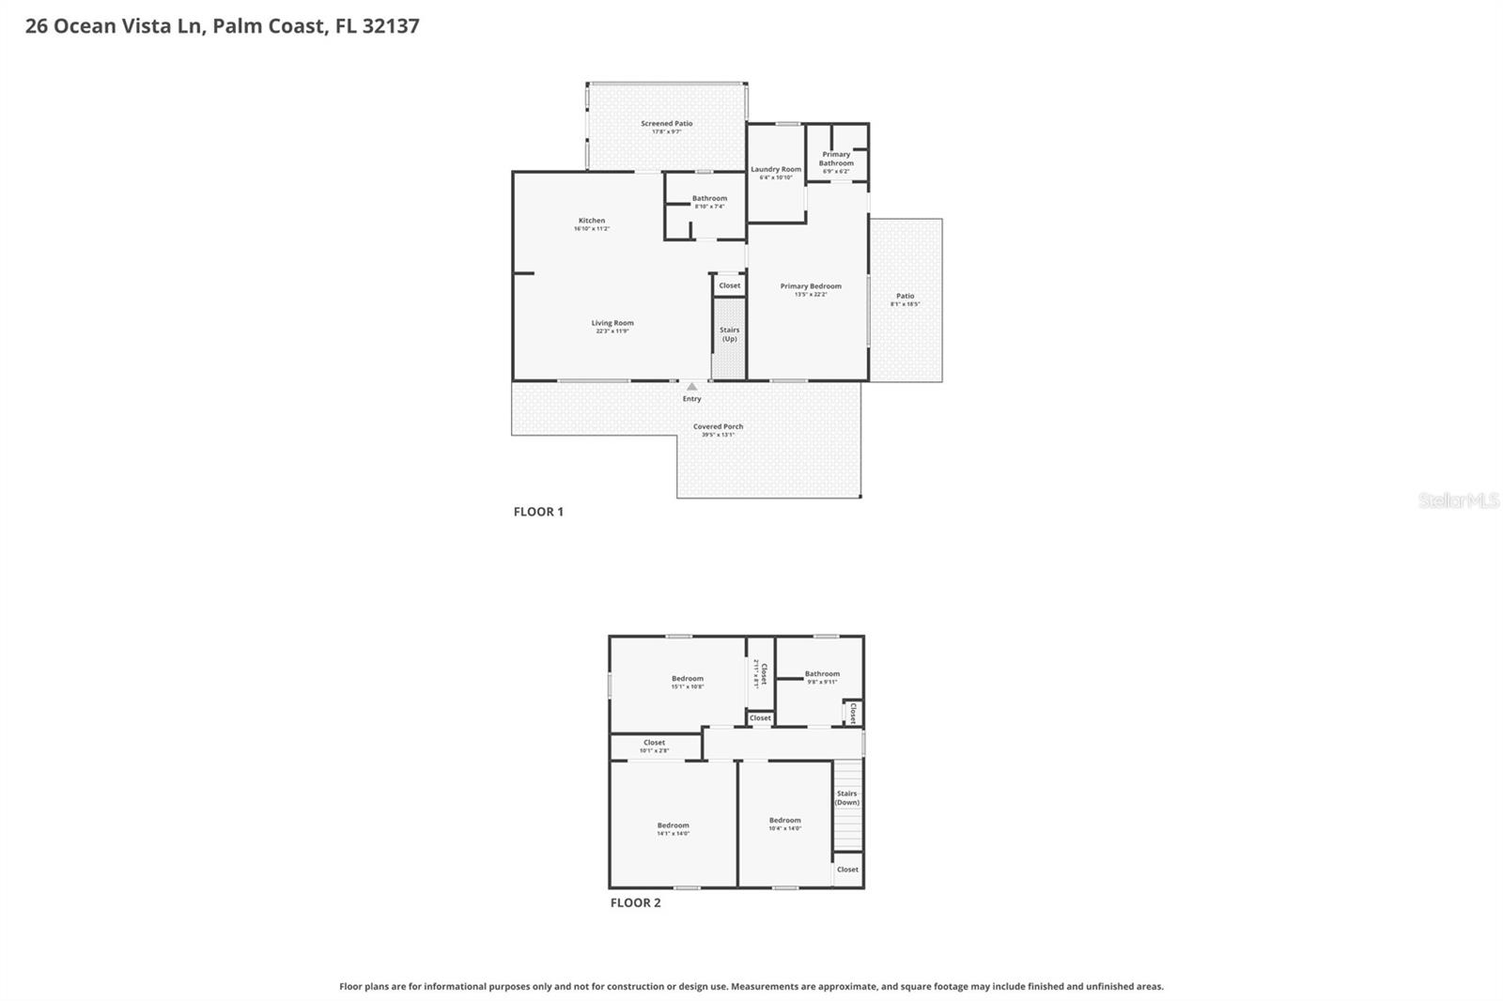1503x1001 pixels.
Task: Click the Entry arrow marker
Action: point(692,386)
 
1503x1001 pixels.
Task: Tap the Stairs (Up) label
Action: point(730,333)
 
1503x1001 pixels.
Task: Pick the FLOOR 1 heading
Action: point(538,512)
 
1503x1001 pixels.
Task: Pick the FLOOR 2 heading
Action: point(636,902)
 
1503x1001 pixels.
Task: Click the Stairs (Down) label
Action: point(847,797)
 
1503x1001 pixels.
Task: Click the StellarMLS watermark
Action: point(1458,500)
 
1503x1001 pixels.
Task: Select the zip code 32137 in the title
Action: point(390,25)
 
